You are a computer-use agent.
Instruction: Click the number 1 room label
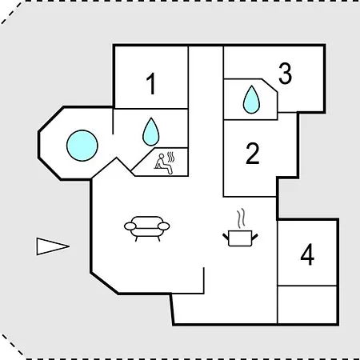point(151,84)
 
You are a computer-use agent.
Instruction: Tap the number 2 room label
point(253,154)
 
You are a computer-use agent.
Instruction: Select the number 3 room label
point(286,74)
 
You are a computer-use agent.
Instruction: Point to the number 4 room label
point(307,255)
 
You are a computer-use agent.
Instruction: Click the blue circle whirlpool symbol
point(82,146)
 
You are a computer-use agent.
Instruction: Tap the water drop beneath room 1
point(151,132)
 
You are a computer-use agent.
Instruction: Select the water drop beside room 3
point(251,99)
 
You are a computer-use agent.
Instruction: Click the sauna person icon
point(164,164)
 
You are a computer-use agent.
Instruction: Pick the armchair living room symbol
point(147,229)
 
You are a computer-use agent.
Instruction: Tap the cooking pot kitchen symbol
point(240,238)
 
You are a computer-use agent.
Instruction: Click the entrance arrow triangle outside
point(53,246)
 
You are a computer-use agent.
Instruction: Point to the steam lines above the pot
point(241,218)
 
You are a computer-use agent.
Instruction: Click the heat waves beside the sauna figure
point(171,158)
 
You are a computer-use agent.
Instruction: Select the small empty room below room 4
point(307,305)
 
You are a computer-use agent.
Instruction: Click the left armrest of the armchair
point(130,226)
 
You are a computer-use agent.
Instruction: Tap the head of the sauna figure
point(161,156)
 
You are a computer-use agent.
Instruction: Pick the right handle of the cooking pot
point(254,237)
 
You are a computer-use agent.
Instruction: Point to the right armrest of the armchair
point(164,226)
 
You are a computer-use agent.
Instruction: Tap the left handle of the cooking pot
point(226,237)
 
